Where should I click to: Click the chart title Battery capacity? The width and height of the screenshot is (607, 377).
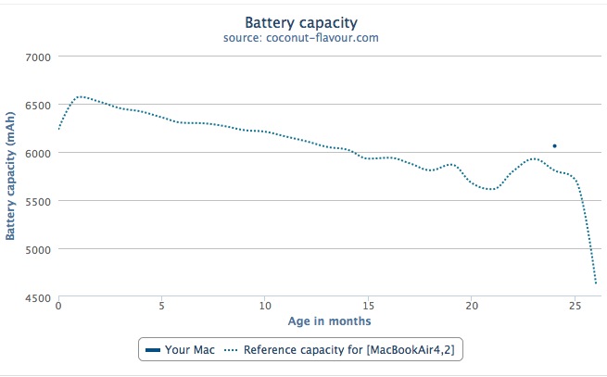[301, 21]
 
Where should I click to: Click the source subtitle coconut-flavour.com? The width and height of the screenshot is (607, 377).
[301, 39]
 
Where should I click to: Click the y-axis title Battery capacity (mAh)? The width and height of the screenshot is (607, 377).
[10, 177]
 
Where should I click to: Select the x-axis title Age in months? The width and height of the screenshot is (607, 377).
[329, 321]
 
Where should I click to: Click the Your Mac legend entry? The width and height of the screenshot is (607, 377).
[182, 349]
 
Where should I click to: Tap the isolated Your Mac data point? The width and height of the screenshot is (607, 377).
[554, 146]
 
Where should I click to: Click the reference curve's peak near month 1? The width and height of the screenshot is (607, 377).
[81, 96]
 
